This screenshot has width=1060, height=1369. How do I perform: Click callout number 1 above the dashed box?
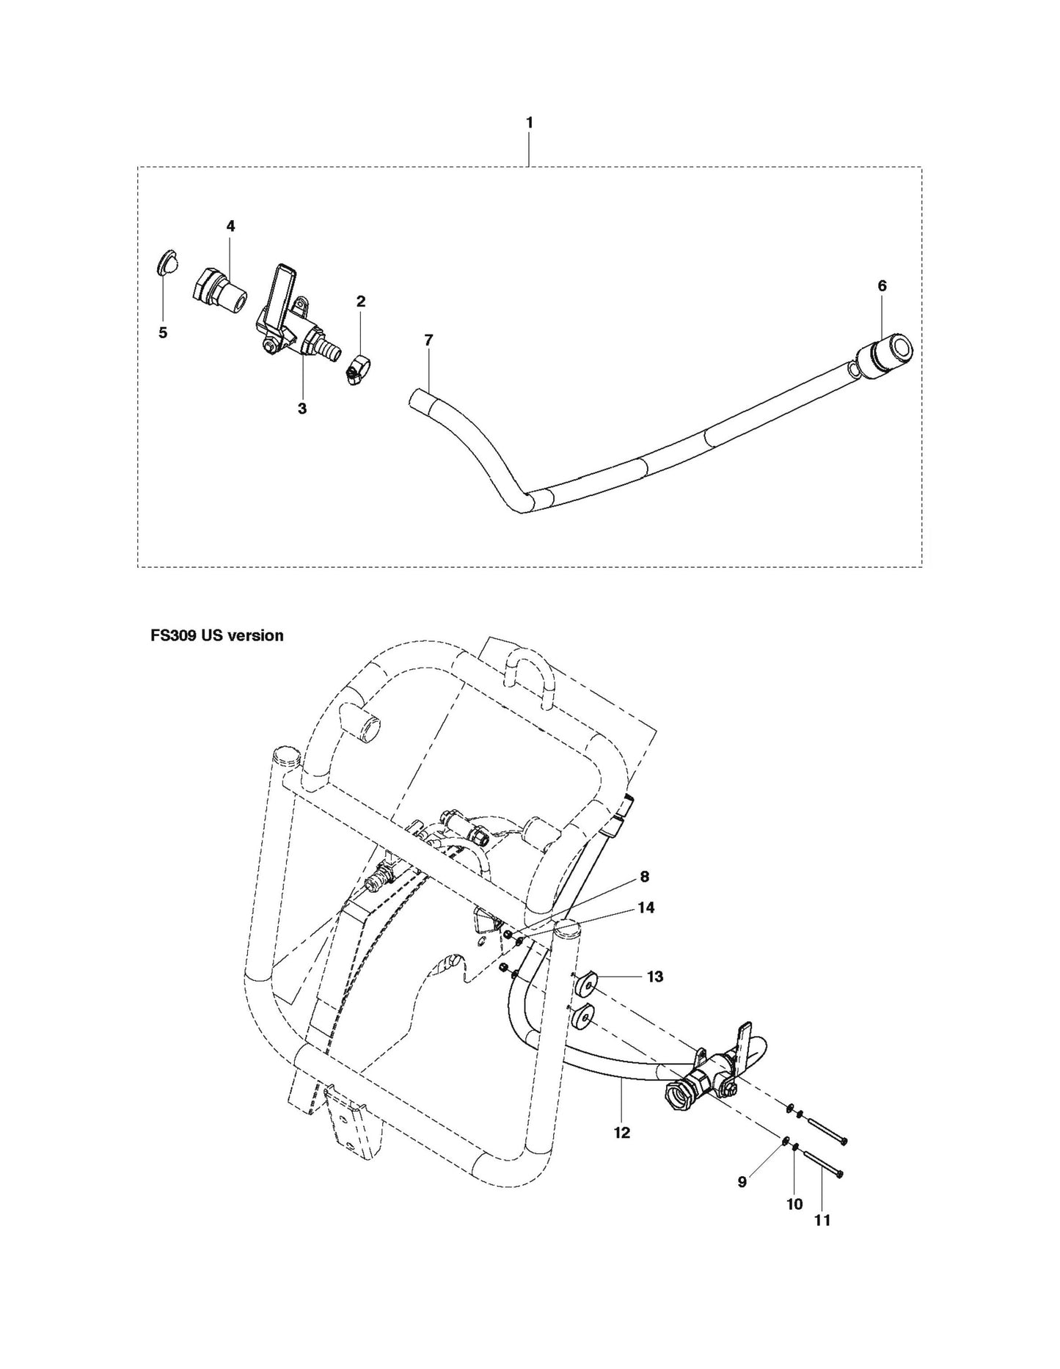click(x=530, y=123)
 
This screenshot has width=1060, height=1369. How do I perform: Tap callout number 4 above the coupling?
click(x=230, y=226)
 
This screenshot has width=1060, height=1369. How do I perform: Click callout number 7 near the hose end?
click(x=428, y=340)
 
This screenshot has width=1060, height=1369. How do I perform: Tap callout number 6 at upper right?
click(x=882, y=285)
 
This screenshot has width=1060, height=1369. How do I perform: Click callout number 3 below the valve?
click(x=302, y=409)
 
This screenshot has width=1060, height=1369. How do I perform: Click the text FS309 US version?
click(x=217, y=635)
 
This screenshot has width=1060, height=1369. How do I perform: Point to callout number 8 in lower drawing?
click(x=644, y=876)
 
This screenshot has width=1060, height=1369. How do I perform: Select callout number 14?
click(x=646, y=908)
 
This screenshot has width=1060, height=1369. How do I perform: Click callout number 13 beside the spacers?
click(x=654, y=976)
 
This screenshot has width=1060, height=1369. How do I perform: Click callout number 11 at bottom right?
click(x=822, y=1220)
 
